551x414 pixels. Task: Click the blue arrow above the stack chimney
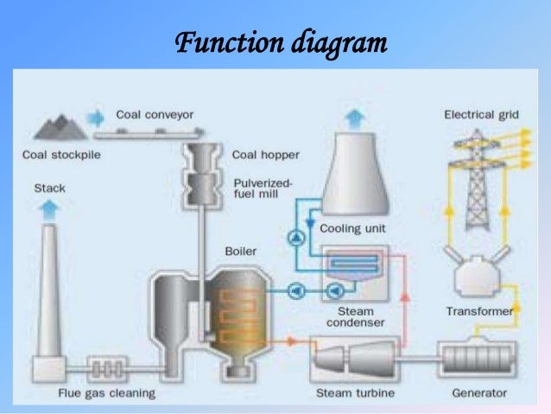[50, 207]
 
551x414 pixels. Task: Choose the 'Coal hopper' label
[266, 156]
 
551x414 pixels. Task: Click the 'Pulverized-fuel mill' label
[263, 188]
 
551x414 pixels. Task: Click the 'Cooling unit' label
[352, 230]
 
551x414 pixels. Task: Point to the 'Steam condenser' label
[356, 316]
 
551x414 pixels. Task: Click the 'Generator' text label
[477, 393]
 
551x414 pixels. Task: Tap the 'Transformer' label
[479, 311]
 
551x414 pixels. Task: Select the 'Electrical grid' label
[480, 114]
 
